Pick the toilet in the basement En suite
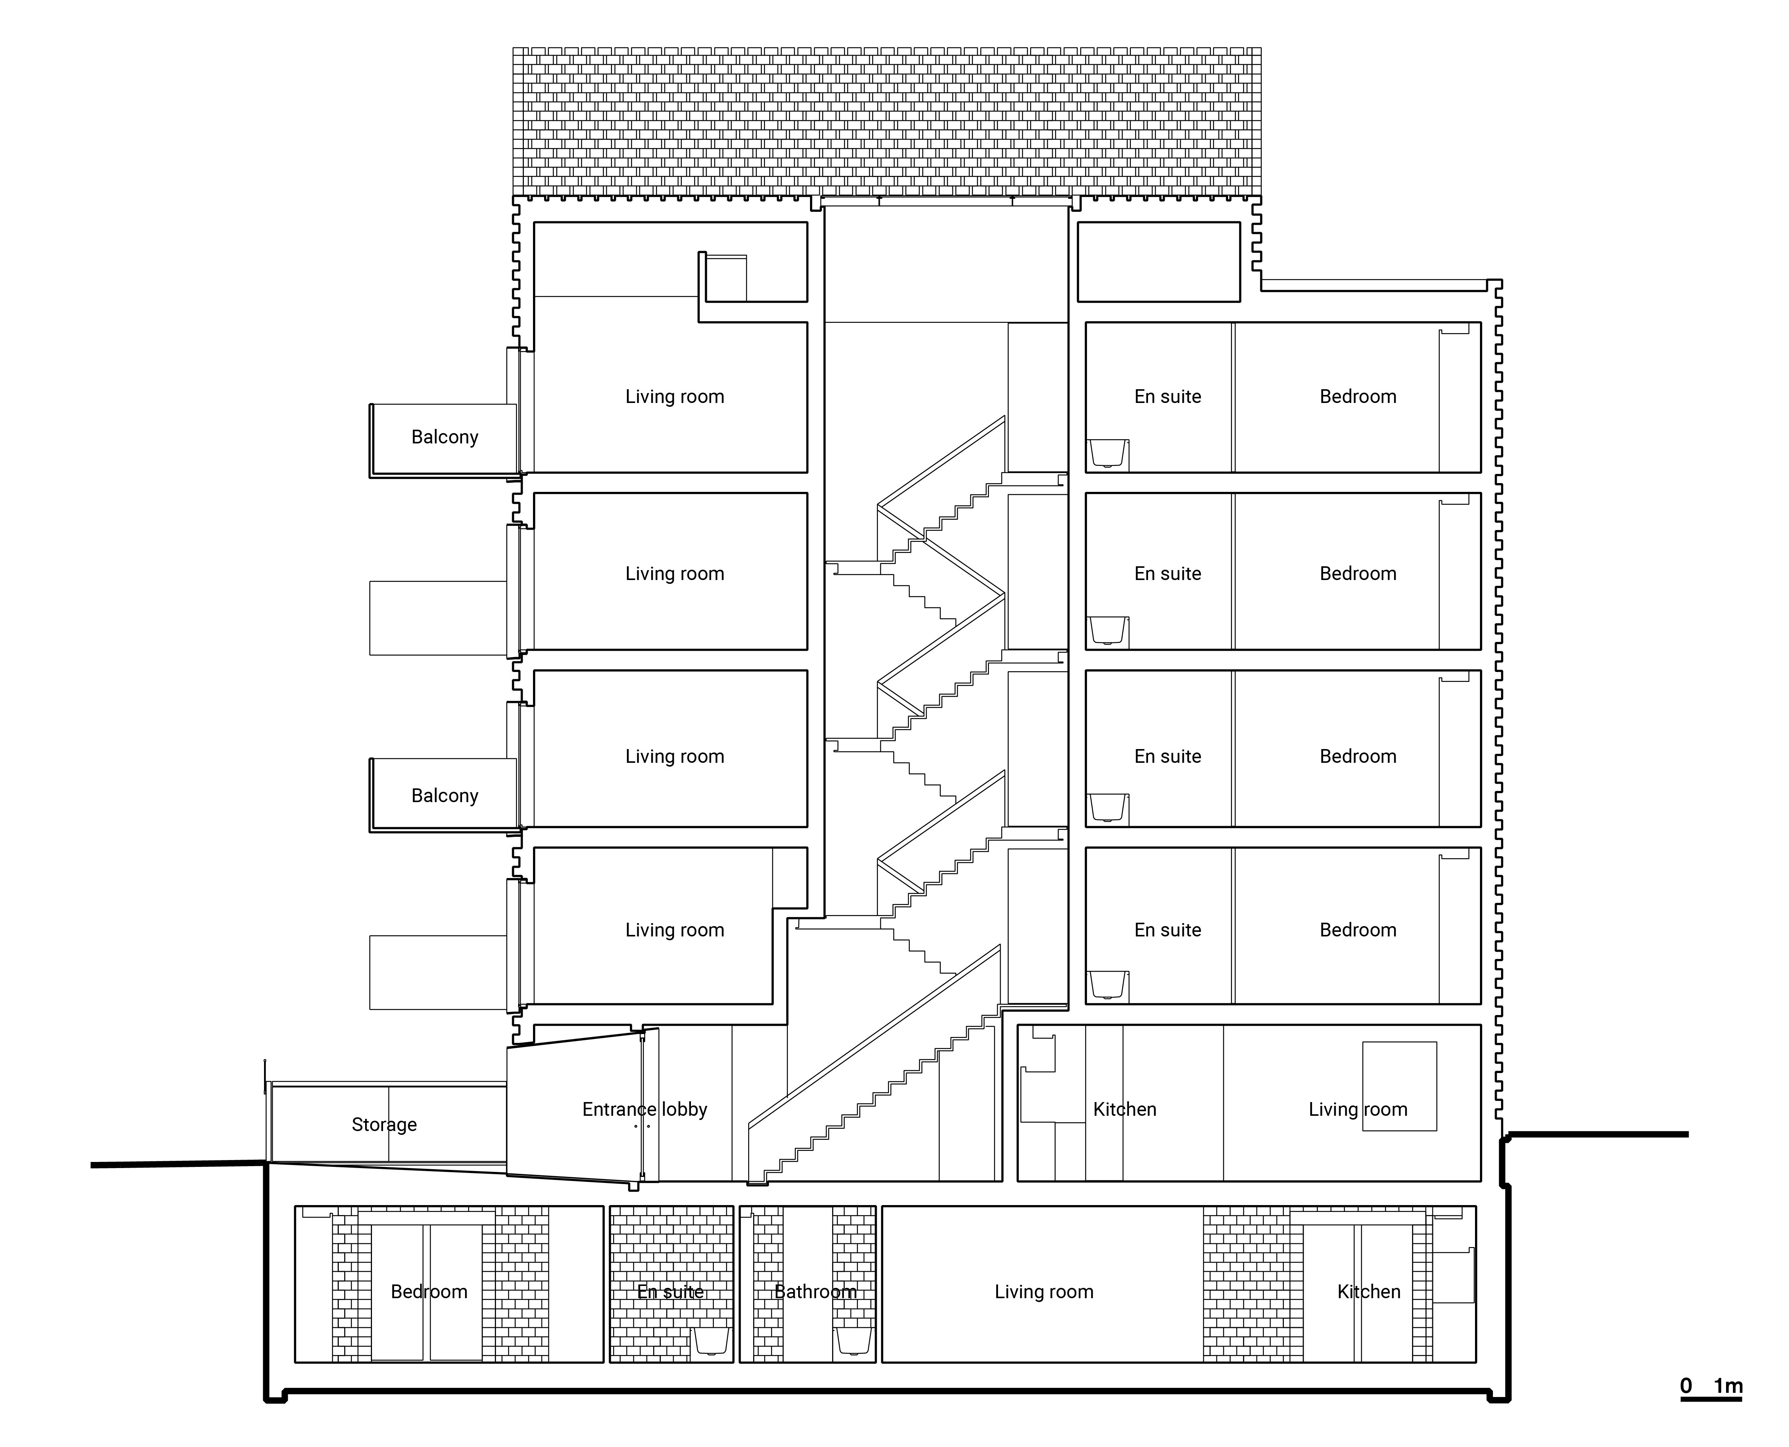click(x=712, y=1341)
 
